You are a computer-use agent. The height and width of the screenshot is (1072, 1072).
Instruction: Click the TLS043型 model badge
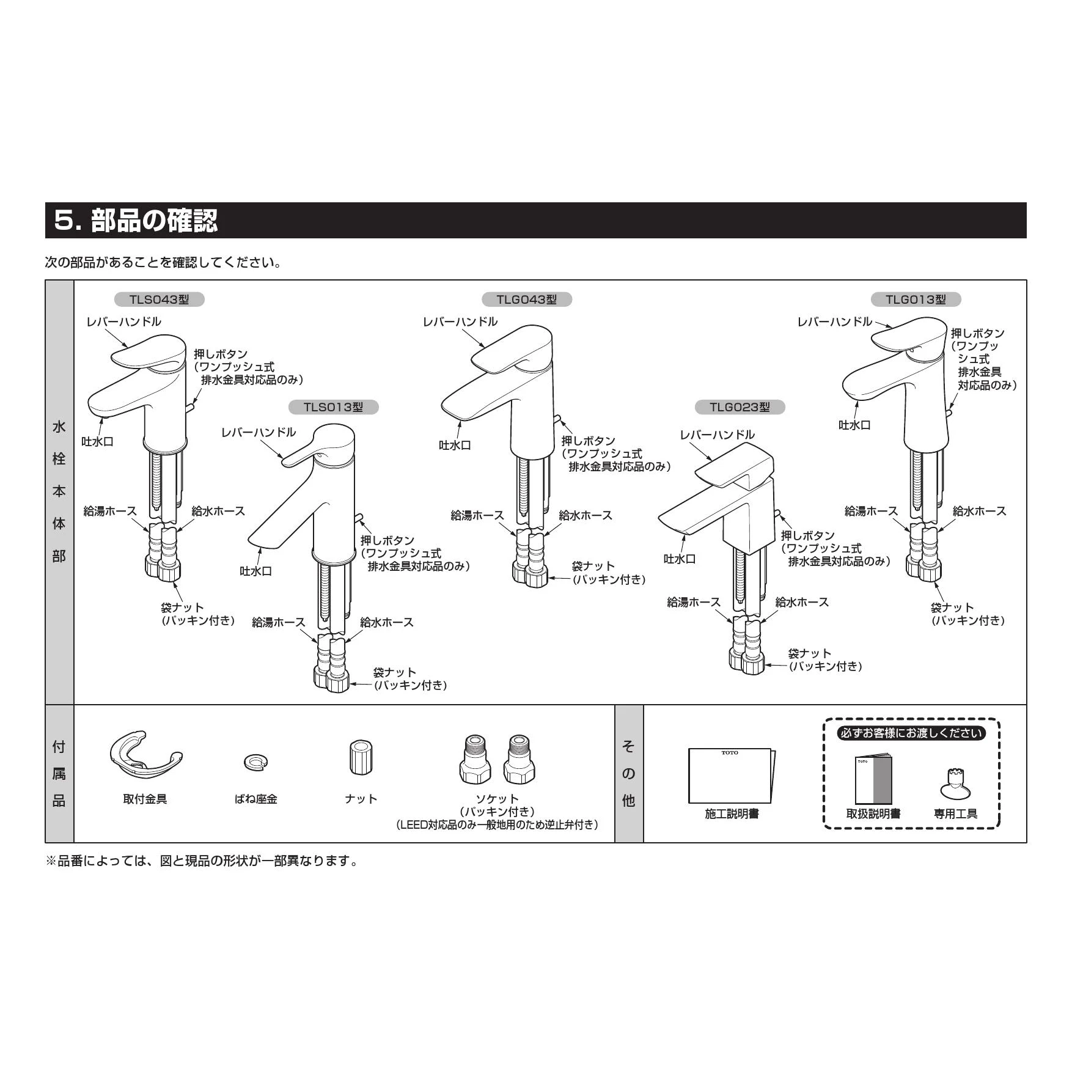(159, 299)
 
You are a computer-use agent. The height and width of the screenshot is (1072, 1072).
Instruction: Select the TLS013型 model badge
(333, 407)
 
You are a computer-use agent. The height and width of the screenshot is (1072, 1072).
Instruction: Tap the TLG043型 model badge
(526, 299)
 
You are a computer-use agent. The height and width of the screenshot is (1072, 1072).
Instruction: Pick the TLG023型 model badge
(740, 407)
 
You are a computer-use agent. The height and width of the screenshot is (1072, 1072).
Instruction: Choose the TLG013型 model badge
(916, 299)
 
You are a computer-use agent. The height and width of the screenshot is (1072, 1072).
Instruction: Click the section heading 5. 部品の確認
(136, 221)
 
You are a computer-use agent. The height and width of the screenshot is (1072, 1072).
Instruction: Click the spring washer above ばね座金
(255, 762)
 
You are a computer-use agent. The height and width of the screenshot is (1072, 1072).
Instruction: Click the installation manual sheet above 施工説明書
(731, 775)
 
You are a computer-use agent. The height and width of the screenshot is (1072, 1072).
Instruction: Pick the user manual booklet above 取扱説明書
(873, 780)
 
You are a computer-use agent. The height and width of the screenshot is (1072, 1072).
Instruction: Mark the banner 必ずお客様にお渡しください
(911, 733)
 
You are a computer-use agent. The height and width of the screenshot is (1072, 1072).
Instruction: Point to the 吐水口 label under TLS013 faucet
(255, 571)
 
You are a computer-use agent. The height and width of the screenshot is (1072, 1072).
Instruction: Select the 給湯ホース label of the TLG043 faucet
(477, 515)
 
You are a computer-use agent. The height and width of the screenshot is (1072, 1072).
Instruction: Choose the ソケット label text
(497, 799)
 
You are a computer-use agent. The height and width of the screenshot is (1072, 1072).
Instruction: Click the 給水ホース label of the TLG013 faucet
(979, 511)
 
